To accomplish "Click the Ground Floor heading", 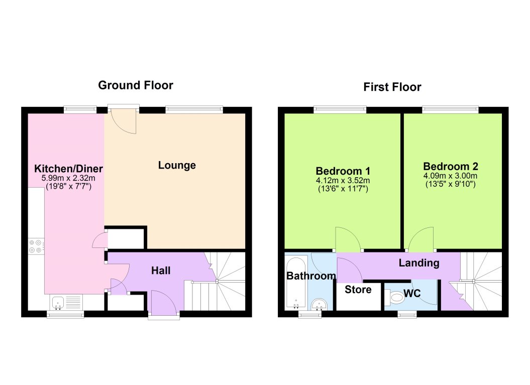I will point(135,85).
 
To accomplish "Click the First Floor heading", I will point(392,87).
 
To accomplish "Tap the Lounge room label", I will point(177,165).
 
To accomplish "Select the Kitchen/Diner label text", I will point(68,168).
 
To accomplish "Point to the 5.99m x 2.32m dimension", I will point(68,178).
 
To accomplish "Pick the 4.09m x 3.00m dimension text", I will point(451,176).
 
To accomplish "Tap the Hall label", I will point(161,271).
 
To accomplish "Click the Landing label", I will point(418,263).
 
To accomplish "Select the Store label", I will point(358,290).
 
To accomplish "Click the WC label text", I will point(412,294).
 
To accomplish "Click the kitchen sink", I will point(58,303).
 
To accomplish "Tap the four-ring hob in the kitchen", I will point(35,246).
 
